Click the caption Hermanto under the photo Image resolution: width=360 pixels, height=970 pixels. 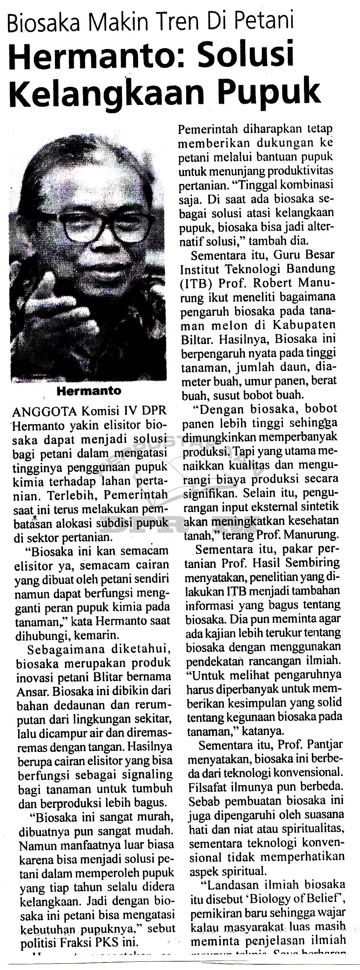[x=89, y=391]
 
